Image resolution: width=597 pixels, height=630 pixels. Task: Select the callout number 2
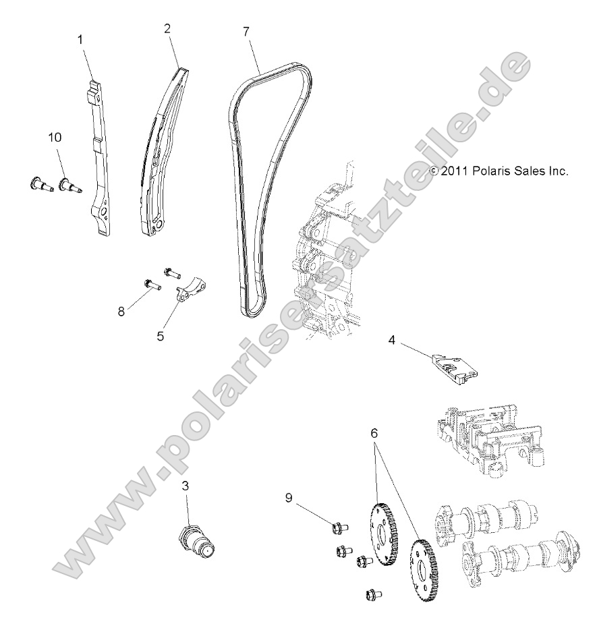[x=167, y=28]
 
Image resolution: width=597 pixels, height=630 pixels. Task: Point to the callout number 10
[x=55, y=137]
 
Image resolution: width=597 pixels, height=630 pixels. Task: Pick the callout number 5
[x=161, y=335]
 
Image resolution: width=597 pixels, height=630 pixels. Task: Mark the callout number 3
[x=185, y=486]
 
